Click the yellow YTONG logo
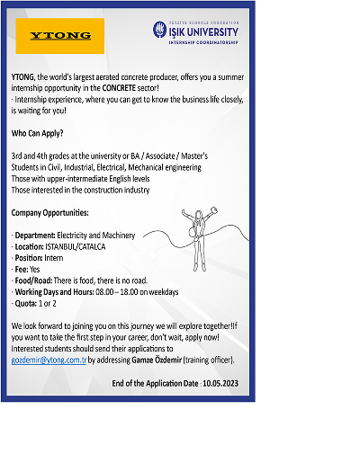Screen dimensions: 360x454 point(60,37)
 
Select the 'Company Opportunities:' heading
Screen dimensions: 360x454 point(49,212)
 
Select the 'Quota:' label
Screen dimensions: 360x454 point(28,303)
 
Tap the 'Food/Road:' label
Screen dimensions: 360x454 point(33,280)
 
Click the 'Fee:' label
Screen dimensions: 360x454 point(22,269)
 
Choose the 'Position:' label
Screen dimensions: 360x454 point(31,257)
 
